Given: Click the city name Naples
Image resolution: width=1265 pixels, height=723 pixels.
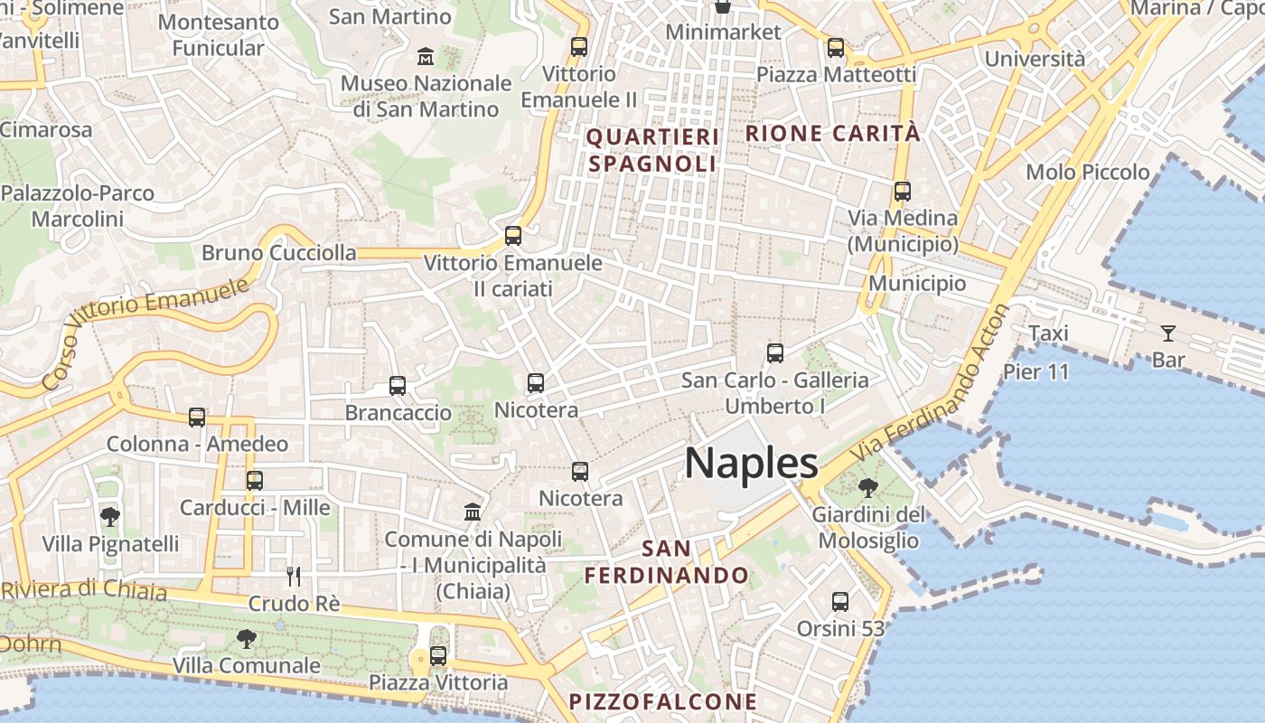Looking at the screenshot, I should (751, 463).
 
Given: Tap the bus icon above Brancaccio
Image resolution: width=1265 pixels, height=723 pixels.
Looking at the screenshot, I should (398, 386).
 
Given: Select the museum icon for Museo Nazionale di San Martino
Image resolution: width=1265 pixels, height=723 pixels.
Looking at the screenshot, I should (426, 57).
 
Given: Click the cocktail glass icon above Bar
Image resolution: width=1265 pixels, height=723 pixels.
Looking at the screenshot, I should (1168, 333).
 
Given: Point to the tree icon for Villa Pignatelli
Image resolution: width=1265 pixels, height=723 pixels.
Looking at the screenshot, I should (110, 517).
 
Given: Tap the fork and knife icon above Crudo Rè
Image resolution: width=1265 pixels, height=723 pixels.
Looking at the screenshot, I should (294, 576).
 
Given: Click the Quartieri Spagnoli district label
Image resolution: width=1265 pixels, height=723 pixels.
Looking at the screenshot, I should (652, 150).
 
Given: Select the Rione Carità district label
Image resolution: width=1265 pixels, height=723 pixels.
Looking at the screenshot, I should (832, 134).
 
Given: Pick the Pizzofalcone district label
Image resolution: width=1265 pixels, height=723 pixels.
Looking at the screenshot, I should (662, 701).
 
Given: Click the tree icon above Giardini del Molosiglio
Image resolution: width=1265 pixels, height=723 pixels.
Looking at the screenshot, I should (868, 488).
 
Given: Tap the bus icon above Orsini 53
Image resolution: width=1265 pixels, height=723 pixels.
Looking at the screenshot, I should (840, 601).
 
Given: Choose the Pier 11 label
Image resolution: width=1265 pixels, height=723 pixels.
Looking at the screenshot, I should (1035, 371).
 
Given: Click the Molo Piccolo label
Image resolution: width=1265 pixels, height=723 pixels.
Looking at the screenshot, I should (1088, 172).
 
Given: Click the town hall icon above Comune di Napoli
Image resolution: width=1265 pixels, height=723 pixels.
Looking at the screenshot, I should (473, 512).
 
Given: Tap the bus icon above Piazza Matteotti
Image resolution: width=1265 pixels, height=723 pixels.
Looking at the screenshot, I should (836, 48).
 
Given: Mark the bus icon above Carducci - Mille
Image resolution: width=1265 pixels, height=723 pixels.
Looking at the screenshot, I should (255, 481).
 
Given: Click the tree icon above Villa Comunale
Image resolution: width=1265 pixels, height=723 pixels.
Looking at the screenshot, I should (246, 639).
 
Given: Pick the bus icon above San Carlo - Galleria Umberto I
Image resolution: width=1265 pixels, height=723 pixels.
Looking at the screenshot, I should (774, 353).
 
